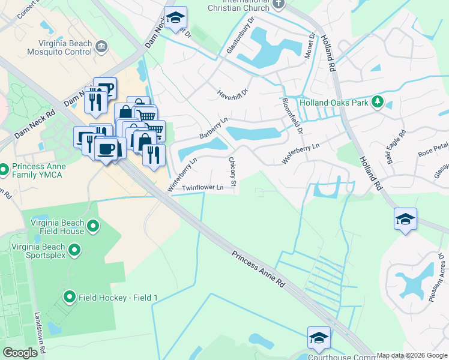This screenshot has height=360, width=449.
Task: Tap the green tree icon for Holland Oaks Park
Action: pyautogui.click(x=378, y=101)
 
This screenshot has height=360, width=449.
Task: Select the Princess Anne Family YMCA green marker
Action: pyautogui.click(x=4, y=170)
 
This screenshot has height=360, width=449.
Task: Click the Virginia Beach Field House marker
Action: pyautogui.click(x=92, y=226)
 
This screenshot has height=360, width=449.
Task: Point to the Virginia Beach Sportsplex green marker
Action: pyautogui.click(x=74, y=248)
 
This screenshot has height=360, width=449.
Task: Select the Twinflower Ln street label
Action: pyautogui.click(x=203, y=188)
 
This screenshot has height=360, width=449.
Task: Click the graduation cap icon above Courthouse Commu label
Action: pyautogui.click(x=319, y=338)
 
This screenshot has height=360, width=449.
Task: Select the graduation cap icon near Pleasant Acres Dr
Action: pyautogui.click(x=406, y=220)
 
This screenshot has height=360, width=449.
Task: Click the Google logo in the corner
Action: pyautogui.click(x=20, y=353)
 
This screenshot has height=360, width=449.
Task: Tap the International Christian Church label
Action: pyautogui.click(x=234, y=5)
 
